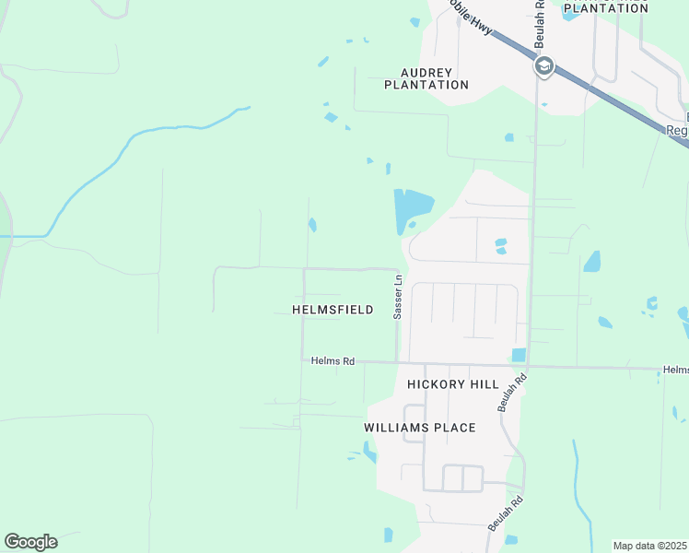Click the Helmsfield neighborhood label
click(333, 310)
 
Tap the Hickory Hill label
click(453, 384)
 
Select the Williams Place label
click(419, 428)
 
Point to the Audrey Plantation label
click(426, 78)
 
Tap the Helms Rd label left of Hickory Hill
click(333, 361)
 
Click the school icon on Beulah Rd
click(543, 66)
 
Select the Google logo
click(30, 542)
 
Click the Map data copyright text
click(650, 546)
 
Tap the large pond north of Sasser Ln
click(411, 208)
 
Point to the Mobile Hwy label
click(471, 18)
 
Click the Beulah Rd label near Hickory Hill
click(510, 391)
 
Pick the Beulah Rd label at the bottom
click(507, 512)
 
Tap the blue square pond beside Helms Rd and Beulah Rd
click(519, 355)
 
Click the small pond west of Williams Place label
click(369, 451)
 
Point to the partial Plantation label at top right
click(605, 7)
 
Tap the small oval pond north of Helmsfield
click(313, 224)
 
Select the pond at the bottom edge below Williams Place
click(388, 535)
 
